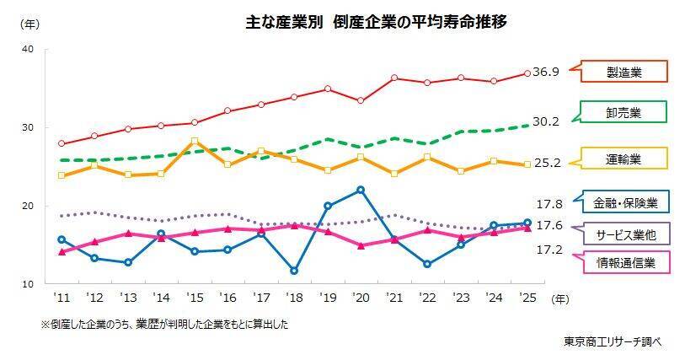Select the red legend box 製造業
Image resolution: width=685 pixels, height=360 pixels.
point(623,72)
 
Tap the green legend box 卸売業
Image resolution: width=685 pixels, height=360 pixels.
point(623,112)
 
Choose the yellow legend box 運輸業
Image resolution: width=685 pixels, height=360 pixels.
point(623,158)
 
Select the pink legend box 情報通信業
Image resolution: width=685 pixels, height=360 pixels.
point(624,263)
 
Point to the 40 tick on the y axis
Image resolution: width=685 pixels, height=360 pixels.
point(28,49)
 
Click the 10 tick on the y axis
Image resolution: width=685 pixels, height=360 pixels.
point(28,284)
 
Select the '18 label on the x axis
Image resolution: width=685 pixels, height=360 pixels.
point(293,298)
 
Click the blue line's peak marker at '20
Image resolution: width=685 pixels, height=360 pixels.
point(361,190)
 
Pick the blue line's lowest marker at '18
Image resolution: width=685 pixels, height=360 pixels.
point(294,271)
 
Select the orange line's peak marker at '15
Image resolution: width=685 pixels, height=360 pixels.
point(195,142)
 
